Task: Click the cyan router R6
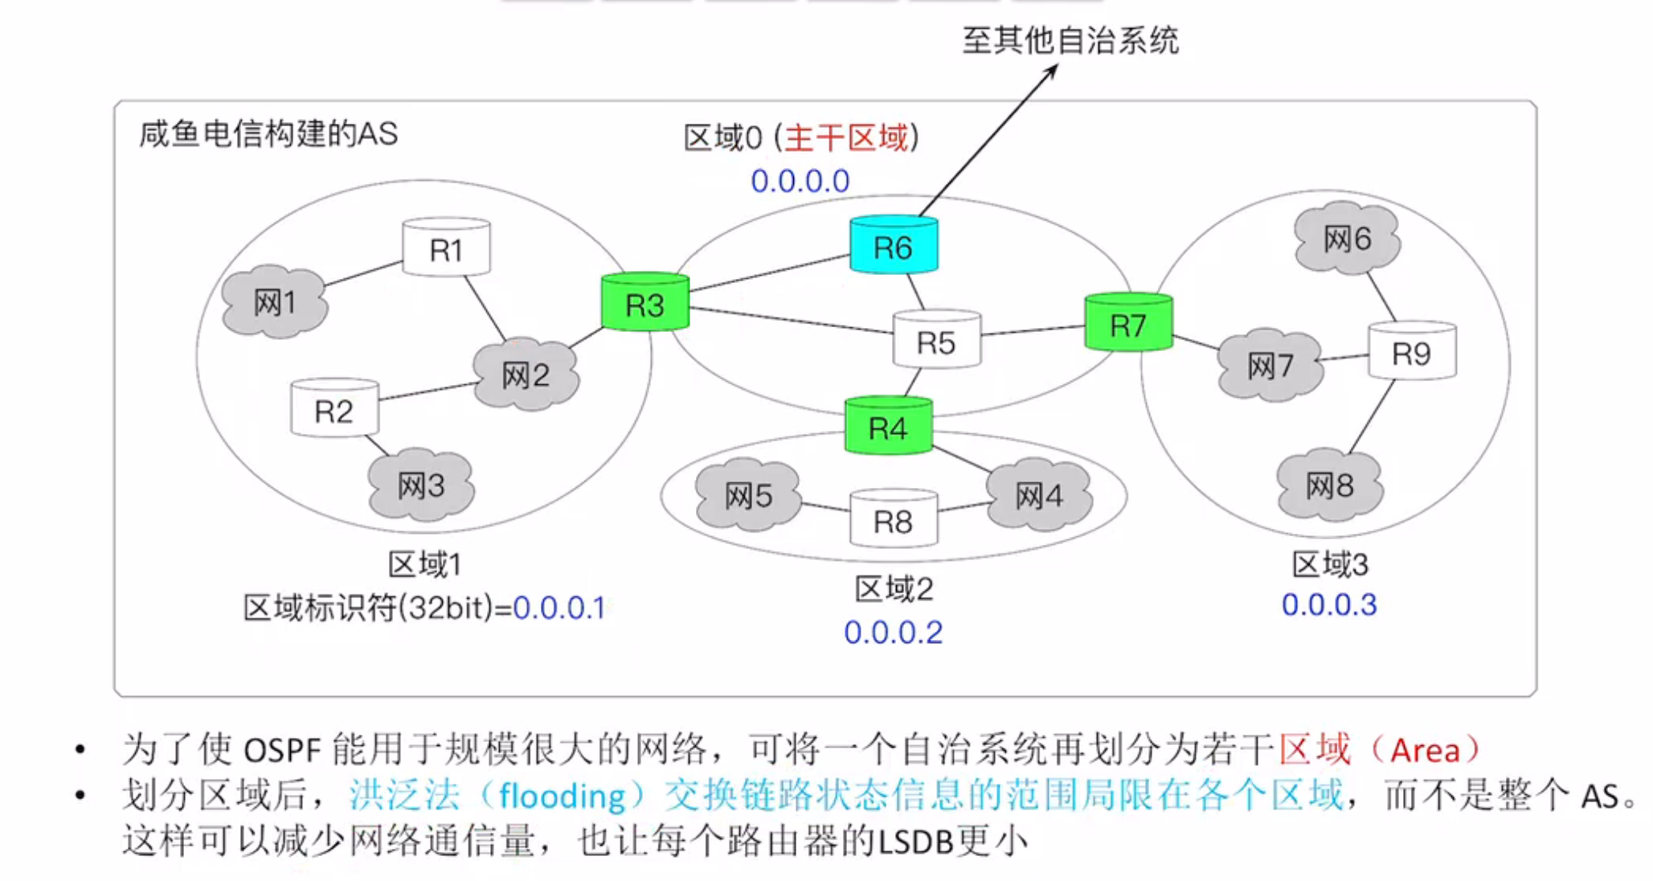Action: click(894, 246)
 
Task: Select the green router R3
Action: click(645, 304)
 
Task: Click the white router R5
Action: click(936, 342)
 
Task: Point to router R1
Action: click(446, 249)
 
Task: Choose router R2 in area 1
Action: click(334, 411)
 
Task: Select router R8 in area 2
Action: click(894, 522)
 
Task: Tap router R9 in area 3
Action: click(1412, 353)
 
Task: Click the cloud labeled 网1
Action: click(275, 303)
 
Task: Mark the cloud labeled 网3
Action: click(421, 485)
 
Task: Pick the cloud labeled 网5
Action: click(748, 496)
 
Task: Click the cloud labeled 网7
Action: click(1270, 366)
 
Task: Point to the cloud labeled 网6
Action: click(1347, 238)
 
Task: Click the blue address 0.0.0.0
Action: click(800, 181)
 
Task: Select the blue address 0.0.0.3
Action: click(1329, 604)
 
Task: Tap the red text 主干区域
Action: click(846, 137)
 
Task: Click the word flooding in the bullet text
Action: click(562, 797)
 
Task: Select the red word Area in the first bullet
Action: click(1425, 750)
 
